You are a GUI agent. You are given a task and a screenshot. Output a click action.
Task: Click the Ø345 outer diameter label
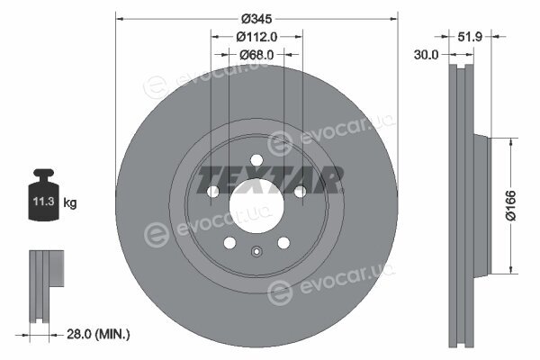tap(256, 19)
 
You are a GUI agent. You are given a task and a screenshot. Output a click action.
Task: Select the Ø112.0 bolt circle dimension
tap(256, 37)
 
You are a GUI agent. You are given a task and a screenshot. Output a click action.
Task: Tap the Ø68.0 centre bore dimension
tap(256, 54)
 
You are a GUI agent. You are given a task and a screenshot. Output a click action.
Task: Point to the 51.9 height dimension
tap(470, 37)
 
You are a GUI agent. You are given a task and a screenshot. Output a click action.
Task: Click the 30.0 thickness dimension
tap(426, 54)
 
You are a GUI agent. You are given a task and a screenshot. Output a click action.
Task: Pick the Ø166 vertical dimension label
tap(510, 205)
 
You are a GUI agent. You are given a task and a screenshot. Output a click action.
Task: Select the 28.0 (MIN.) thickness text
tap(98, 334)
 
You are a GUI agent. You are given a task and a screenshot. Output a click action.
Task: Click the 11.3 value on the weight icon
tap(44, 202)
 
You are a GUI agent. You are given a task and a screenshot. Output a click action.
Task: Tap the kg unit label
tap(70, 202)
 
